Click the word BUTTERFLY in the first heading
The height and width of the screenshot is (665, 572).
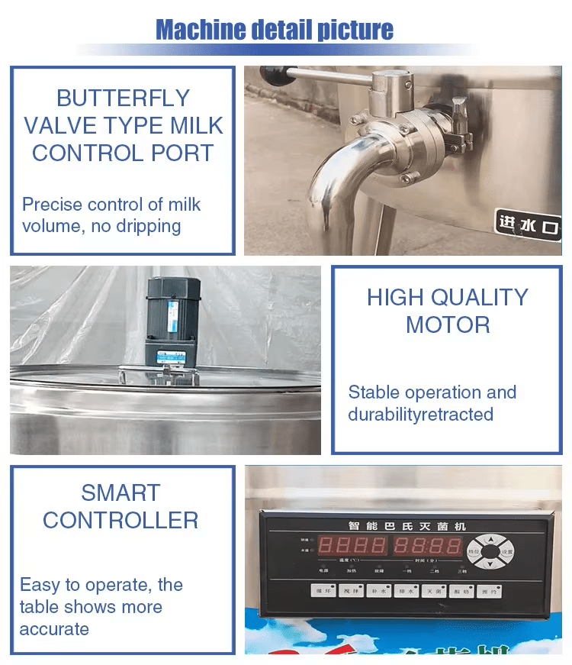pyautogui.click(x=123, y=98)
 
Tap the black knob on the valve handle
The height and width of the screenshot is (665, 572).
pyautogui.click(x=271, y=74)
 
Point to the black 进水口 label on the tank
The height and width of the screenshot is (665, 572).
pyautogui.click(x=528, y=224)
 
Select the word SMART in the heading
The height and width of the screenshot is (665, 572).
pyautogui.click(x=121, y=492)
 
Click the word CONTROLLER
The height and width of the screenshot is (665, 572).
pyautogui.click(x=121, y=520)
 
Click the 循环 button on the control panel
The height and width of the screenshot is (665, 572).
pyautogui.click(x=323, y=590)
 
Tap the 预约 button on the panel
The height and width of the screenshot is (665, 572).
pyautogui.click(x=487, y=590)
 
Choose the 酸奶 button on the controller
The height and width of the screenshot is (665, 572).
pyautogui.click(x=460, y=590)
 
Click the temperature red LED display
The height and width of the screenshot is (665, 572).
pyautogui.click(x=352, y=545)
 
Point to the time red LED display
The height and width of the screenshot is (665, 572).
pyautogui.click(x=427, y=545)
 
